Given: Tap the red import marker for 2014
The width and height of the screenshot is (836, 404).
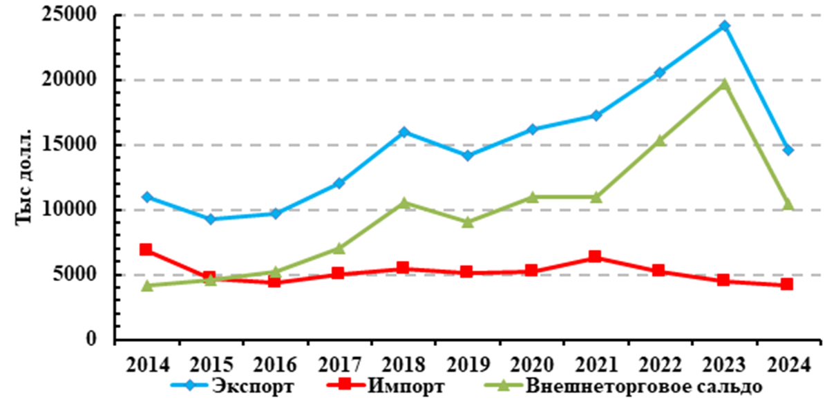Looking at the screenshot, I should click(x=146, y=249).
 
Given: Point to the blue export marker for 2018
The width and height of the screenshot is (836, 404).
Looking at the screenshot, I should click(x=403, y=132).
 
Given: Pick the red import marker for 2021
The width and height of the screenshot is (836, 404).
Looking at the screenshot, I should click(x=595, y=257).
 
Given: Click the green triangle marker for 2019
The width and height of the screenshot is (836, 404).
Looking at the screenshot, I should click(x=468, y=222).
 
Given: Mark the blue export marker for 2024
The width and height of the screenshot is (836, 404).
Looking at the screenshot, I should click(x=788, y=150).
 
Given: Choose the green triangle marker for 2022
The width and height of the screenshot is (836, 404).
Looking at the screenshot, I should click(x=659, y=140).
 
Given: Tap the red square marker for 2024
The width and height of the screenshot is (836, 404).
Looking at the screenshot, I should click(x=787, y=285).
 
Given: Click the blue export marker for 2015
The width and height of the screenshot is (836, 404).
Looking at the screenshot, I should click(x=211, y=219).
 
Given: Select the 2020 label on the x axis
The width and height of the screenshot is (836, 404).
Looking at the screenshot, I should click(x=531, y=363).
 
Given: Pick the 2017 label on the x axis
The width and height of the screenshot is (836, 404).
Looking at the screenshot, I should click(x=339, y=363).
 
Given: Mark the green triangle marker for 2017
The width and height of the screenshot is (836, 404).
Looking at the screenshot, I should click(x=339, y=247).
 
